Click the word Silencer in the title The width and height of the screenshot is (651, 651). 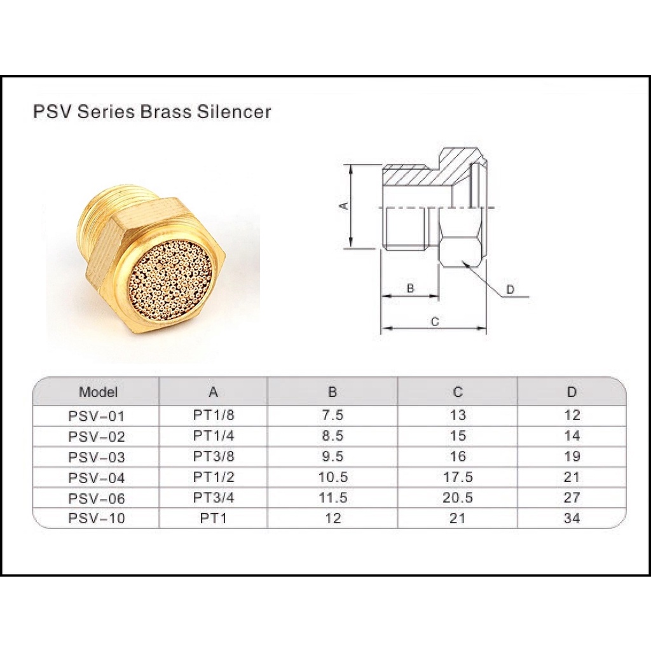tap(234, 112)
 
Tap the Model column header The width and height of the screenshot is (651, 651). tap(99, 392)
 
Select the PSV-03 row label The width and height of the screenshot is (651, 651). tap(97, 457)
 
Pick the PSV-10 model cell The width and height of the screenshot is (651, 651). tap(97, 519)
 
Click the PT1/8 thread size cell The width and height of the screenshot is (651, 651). tap(214, 415)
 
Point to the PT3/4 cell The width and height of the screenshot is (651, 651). tap(214, 497)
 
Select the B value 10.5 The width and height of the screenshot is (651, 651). tap(333, 477)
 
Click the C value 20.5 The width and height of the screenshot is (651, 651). tap(458, 497)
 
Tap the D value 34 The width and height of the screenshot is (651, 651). tap(572, 519)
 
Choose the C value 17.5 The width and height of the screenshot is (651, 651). tap(458, 477)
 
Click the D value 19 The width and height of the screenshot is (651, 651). tap(572, 456)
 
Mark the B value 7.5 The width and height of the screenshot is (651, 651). tap(333, 415)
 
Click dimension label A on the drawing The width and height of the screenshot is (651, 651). tap(344, 205)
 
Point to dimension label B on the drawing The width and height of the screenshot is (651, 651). tap(410, 288)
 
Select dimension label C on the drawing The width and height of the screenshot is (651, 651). tap(435, 321)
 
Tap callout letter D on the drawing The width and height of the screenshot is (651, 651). tap(511, 289)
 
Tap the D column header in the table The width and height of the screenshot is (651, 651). tap(572, 392)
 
